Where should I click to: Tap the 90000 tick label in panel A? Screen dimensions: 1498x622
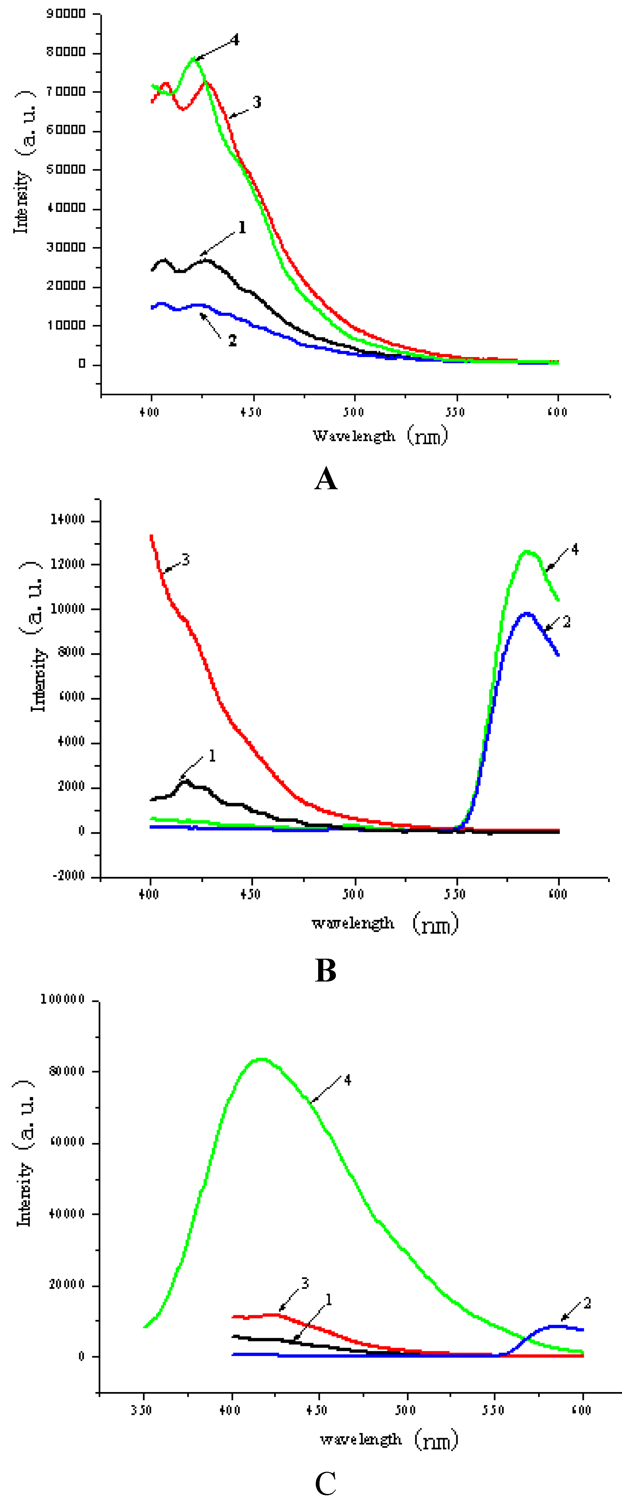pos(66,13)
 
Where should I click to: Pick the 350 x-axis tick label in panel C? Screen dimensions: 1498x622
pos(142,1410)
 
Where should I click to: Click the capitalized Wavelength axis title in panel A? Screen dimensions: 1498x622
pos(354,436)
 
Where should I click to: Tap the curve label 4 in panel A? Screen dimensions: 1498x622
pos(235,40)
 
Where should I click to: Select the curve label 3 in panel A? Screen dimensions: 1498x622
pos(256,102)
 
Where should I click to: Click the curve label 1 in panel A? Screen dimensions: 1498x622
pos(242,228)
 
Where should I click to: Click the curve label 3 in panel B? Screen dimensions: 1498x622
pos(186,560)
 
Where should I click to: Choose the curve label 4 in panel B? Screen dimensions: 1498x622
pos(575,550)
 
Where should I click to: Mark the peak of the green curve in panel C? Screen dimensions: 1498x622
pos(262,1059)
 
